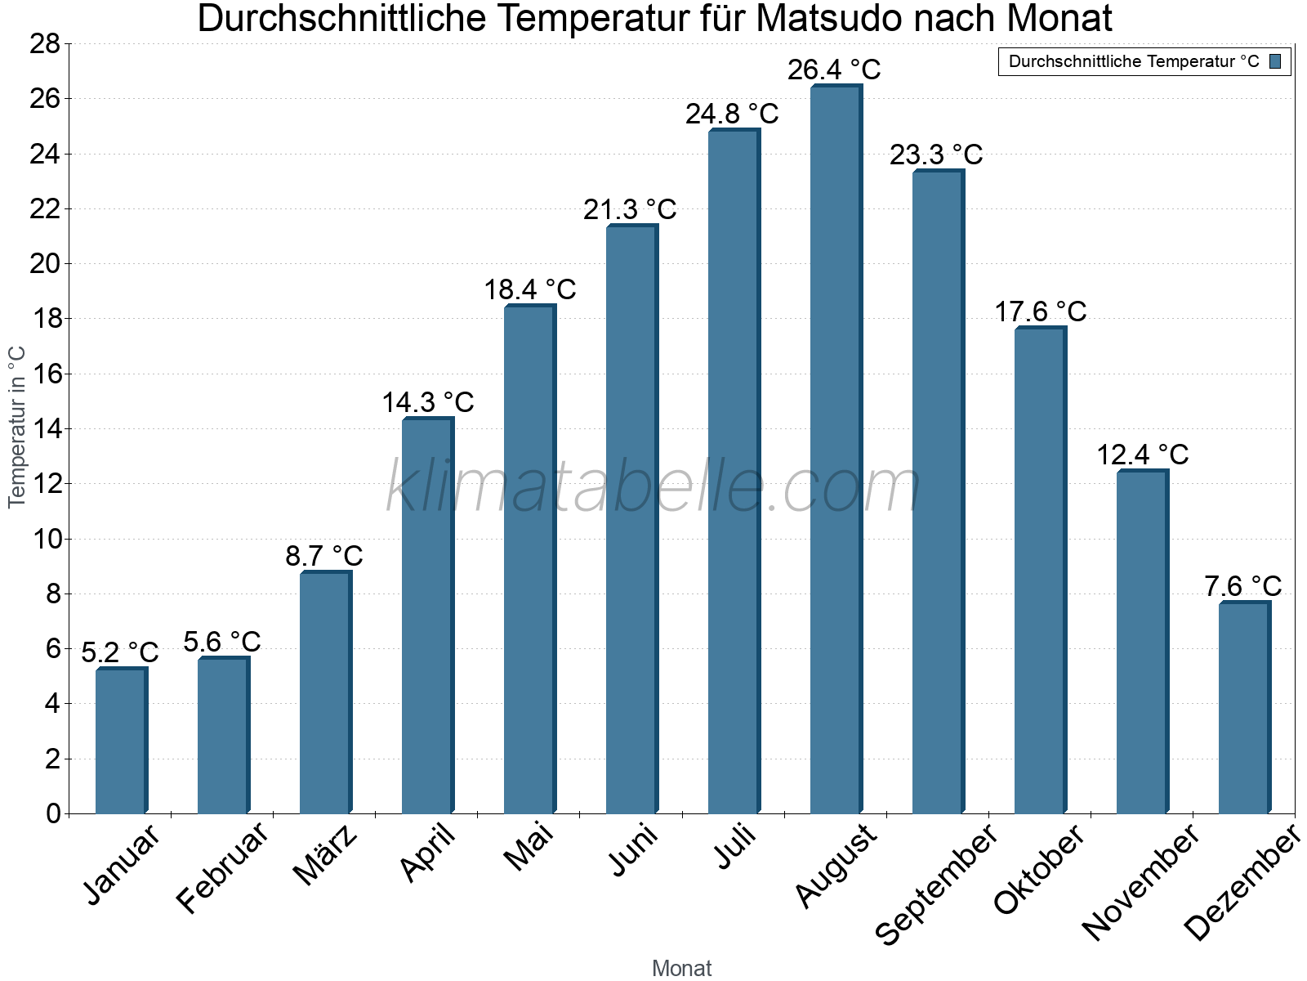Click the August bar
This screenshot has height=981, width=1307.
836,450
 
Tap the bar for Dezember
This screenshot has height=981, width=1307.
1244,708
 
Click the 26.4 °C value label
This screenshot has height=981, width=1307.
834,69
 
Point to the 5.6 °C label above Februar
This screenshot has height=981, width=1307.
222,642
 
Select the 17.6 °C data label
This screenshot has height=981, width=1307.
1040,311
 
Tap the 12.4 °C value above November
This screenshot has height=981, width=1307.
1142,455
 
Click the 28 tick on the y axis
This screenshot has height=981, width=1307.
45,43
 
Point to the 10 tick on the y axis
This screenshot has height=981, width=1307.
45,539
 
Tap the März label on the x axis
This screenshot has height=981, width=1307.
325,856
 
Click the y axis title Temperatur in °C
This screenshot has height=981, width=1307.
17,427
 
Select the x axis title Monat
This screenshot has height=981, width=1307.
681,969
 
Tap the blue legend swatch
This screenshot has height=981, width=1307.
1275,61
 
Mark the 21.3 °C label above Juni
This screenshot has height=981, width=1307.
630,209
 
